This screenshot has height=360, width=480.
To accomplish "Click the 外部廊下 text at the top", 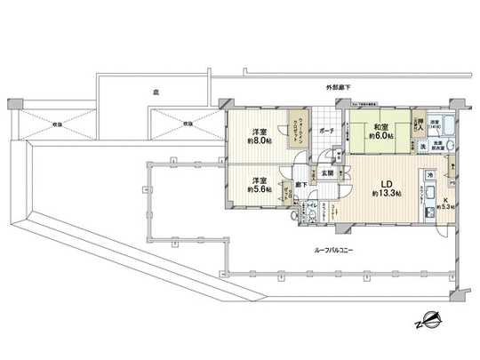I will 337,85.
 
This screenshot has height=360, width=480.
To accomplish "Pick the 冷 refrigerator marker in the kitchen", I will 429,175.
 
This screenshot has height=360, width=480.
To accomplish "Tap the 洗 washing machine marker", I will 423,145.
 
